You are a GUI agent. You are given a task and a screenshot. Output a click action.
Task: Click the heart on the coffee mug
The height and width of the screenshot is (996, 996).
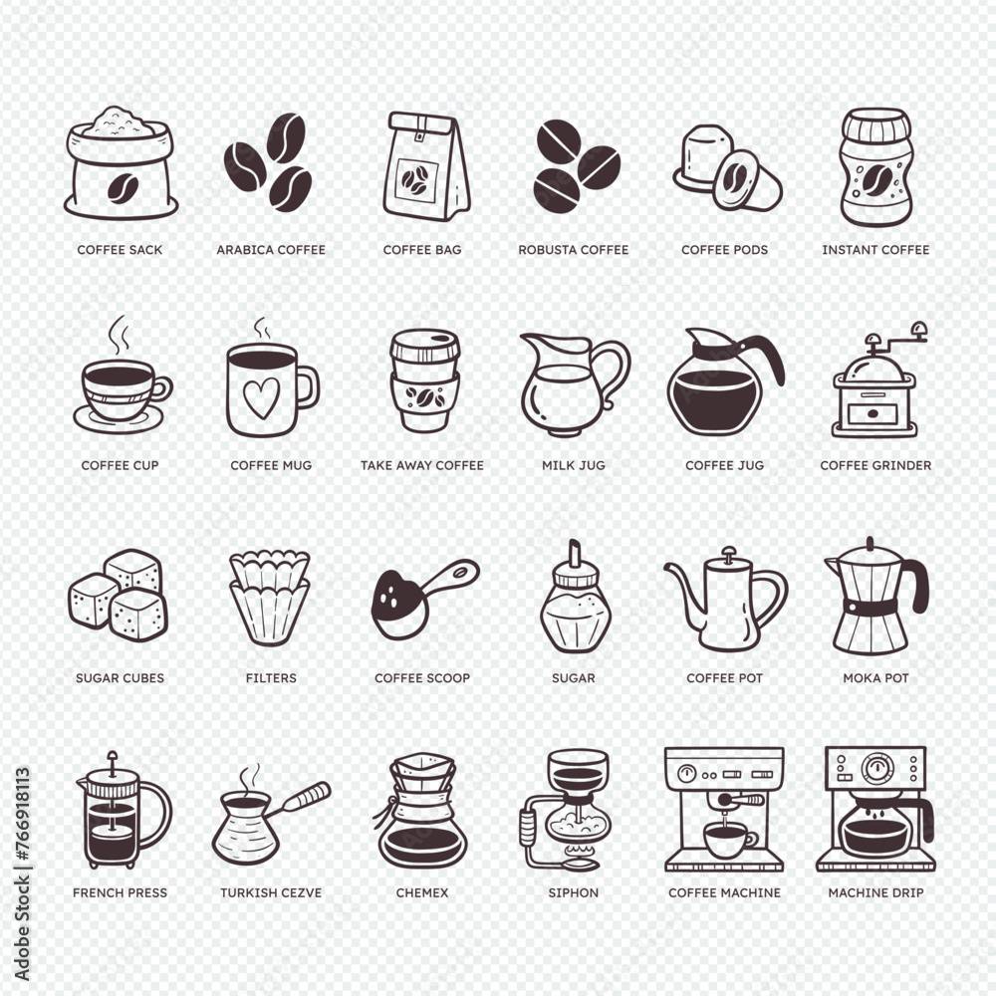(x=261, y=397)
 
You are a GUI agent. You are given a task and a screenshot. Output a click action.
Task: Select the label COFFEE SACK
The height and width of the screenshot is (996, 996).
(x=120, y=250)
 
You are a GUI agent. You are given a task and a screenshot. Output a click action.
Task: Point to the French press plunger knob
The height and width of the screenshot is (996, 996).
(x=112, y=757)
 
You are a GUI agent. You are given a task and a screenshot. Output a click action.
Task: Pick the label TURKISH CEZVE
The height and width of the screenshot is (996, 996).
(x=271, y=893)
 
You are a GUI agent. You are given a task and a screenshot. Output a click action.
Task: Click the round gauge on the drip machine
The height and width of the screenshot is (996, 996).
(x=878, y=769)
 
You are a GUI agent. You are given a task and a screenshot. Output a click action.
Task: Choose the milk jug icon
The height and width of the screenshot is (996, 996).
(x=570, y=385)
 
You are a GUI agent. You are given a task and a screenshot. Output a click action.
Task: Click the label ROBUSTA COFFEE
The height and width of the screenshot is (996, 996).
(x=574, y=250)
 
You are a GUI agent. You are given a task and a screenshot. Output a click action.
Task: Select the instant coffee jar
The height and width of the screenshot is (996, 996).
(x=875, y=167)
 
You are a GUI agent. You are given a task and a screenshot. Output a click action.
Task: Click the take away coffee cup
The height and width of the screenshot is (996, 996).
(x=424, y=380)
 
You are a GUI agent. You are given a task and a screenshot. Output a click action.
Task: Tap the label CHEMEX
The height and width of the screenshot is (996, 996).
(x=422, y=893)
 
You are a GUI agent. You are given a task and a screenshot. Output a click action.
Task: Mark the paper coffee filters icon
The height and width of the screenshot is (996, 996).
(x=270, y=597)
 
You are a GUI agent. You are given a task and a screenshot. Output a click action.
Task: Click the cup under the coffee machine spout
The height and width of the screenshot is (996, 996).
(x=728, y=840)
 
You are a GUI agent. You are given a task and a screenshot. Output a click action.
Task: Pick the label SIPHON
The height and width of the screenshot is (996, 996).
(x=574, y=893)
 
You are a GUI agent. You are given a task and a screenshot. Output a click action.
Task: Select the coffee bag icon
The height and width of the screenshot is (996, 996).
(x=424, y=166)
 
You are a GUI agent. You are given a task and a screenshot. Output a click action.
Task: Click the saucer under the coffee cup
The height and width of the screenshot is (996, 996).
(x=119, y=418)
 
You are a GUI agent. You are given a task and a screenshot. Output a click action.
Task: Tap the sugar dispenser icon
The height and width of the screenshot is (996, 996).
(x=573, y=599)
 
